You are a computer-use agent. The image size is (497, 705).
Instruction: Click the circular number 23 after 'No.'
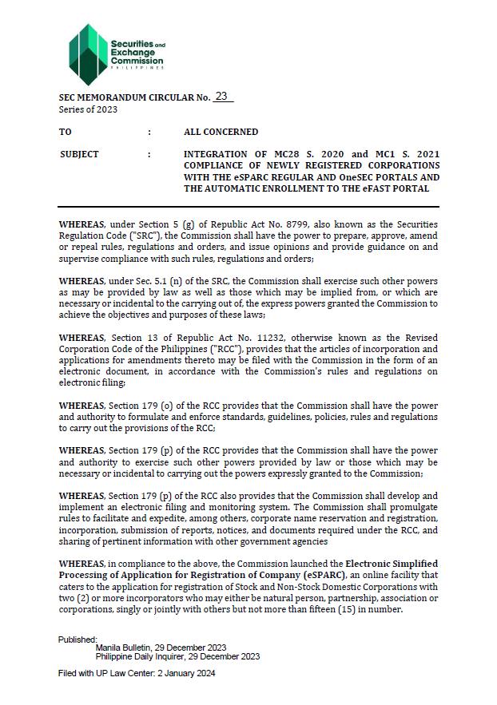(x=221, y=97)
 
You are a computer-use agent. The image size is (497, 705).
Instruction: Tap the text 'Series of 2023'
(x=88, y=109)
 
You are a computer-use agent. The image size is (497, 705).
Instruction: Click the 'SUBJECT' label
(x=80, y=154)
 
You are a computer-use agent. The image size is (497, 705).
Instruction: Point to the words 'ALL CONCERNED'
(x=221, y=132)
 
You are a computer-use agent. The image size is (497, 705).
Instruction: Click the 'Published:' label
(x=78, y=640)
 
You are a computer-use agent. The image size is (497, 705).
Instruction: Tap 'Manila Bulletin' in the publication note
(x=125, y=648)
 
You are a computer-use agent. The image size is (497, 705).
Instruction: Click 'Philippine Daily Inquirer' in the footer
(x=144, y=657)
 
